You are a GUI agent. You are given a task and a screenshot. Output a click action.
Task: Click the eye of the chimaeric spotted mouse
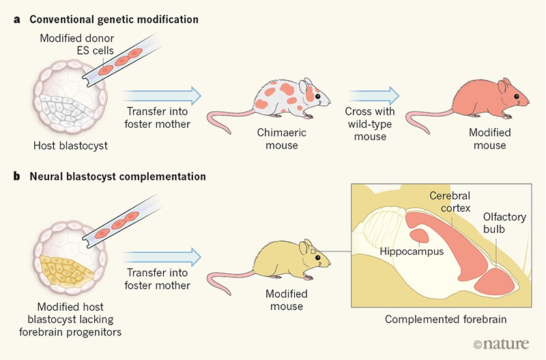coord(317,96)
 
